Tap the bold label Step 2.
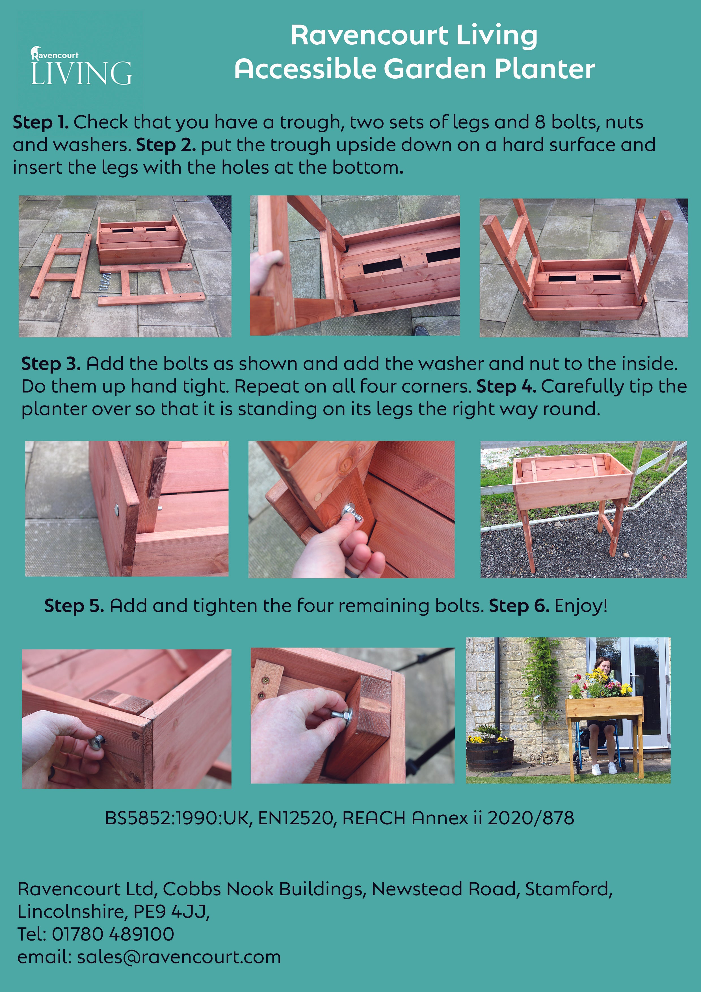[x=166, y=145]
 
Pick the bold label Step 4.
[x=507, y=387]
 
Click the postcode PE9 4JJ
[x=171, y=912]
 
